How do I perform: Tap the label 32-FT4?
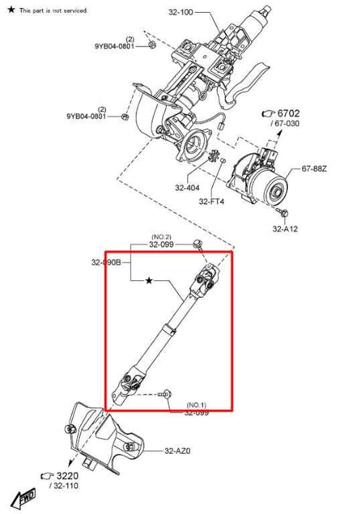(211, 201)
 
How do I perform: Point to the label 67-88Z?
(315, 169)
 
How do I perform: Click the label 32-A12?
(286, 229)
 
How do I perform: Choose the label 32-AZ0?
(178, 451)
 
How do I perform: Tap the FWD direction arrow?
(26, 498)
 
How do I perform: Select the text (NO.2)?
(161, 236)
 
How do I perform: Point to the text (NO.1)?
(197, 405)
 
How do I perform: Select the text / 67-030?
(285, 124)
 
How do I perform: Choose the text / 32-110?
(63, 486)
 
